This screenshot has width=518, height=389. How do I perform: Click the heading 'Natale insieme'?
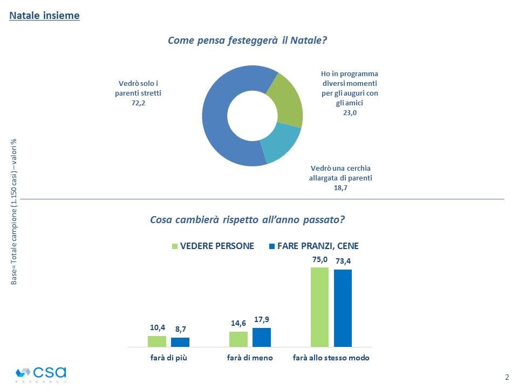click(44, 16)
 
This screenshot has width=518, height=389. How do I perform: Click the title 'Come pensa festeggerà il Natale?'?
click(248, 41)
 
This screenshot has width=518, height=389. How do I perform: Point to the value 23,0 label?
click(349, 112)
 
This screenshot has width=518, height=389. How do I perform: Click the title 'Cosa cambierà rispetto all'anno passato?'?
click(248, 220)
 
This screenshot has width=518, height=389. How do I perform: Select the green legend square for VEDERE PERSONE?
click(174, 246)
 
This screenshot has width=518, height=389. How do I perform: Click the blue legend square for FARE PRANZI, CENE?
click(271, 246)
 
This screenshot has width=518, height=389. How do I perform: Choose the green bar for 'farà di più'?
click(157, 341)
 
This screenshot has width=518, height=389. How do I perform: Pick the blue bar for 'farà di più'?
click(180, 342)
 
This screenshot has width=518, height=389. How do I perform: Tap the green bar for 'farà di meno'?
click(238, 339)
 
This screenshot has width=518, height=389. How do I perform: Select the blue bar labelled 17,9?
click(262, 337)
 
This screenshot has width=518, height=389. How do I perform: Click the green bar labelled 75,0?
click(319, 307)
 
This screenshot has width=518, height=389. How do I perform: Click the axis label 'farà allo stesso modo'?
click(331, 358)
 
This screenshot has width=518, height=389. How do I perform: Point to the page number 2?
click(507, 377)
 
